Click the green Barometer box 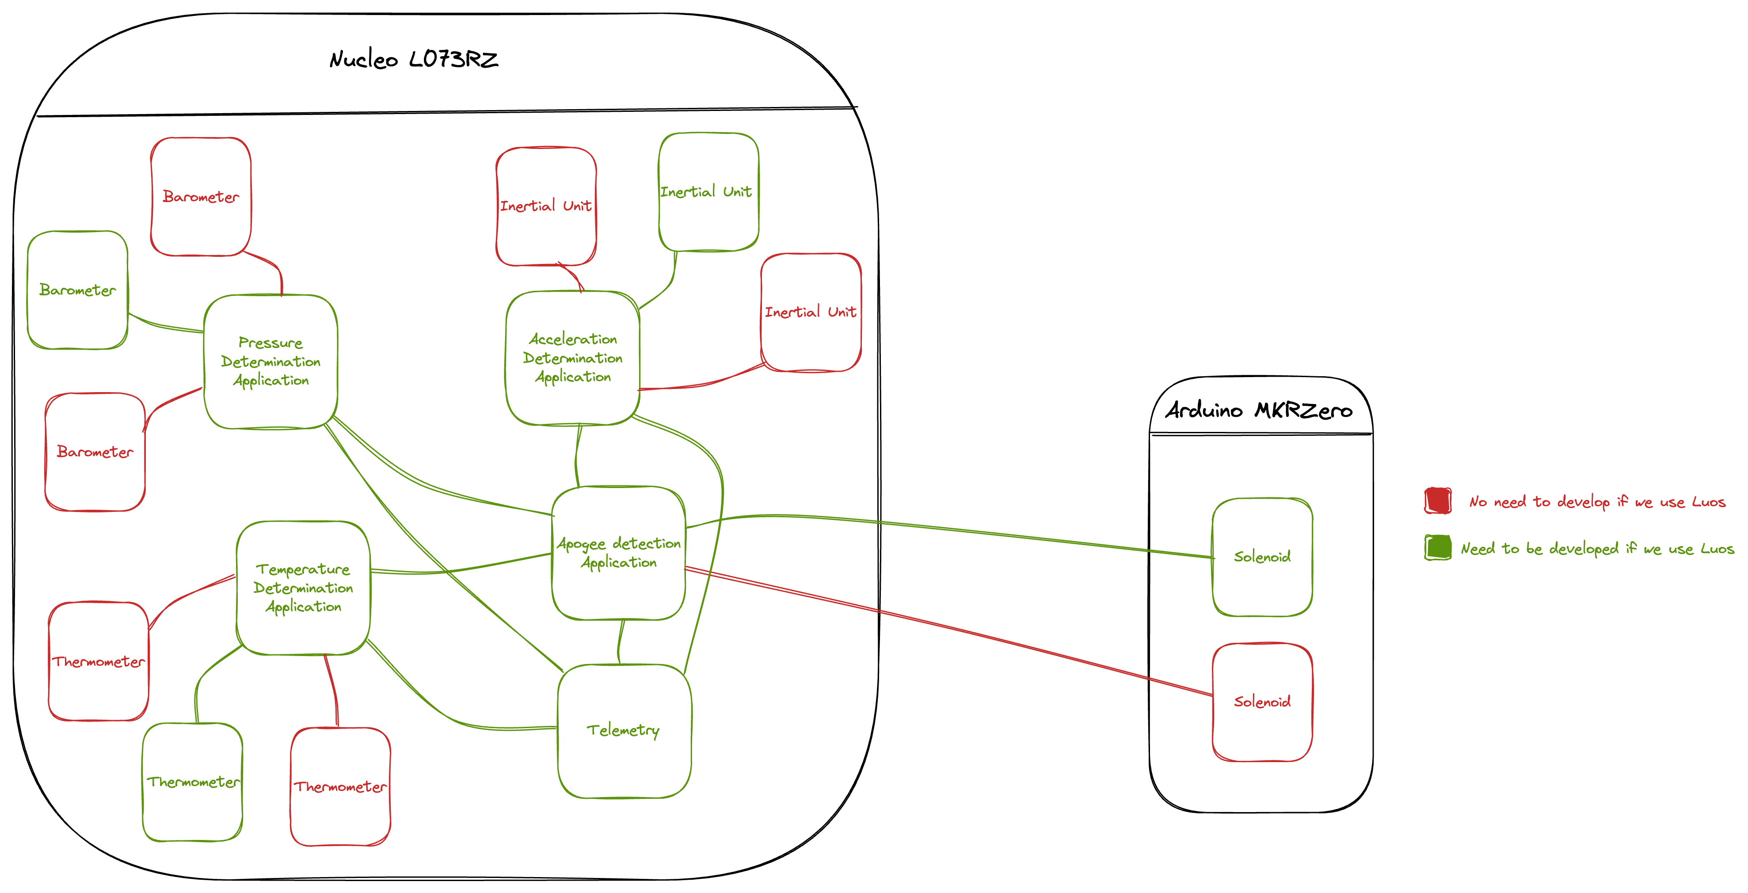[x=77, y=290]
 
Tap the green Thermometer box [x=193, y=782]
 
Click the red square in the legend [x=1437, y=501]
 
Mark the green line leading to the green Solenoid [x=950, y=529]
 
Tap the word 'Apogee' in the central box [x=581, y=544]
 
